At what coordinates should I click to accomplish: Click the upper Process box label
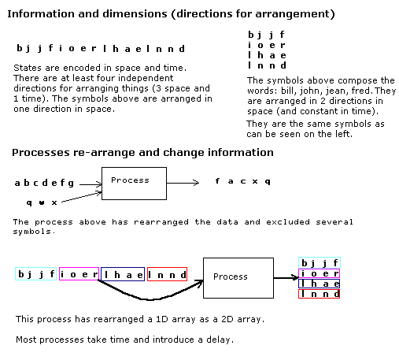pyautogui.click(x=130, y=180)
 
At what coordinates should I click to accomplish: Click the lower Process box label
pyautogui.click(x=231, y=276)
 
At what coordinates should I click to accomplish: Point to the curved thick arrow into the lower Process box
pyautogui.click(x=150, y=299)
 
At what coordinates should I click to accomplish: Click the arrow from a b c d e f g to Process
pyautogui.click(x=91, y=184)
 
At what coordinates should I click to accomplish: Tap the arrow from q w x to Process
pyautogui.click(x=81, y=197)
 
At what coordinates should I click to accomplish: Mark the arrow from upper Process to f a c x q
pyautogui.click(x=183, y=183)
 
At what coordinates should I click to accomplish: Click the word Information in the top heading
pyautogui.click(x=41, y=14)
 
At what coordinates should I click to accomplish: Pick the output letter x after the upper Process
pyautogui.click(x=255, y=182)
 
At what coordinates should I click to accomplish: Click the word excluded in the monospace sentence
pyautogui.click(x=288, y=222)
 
